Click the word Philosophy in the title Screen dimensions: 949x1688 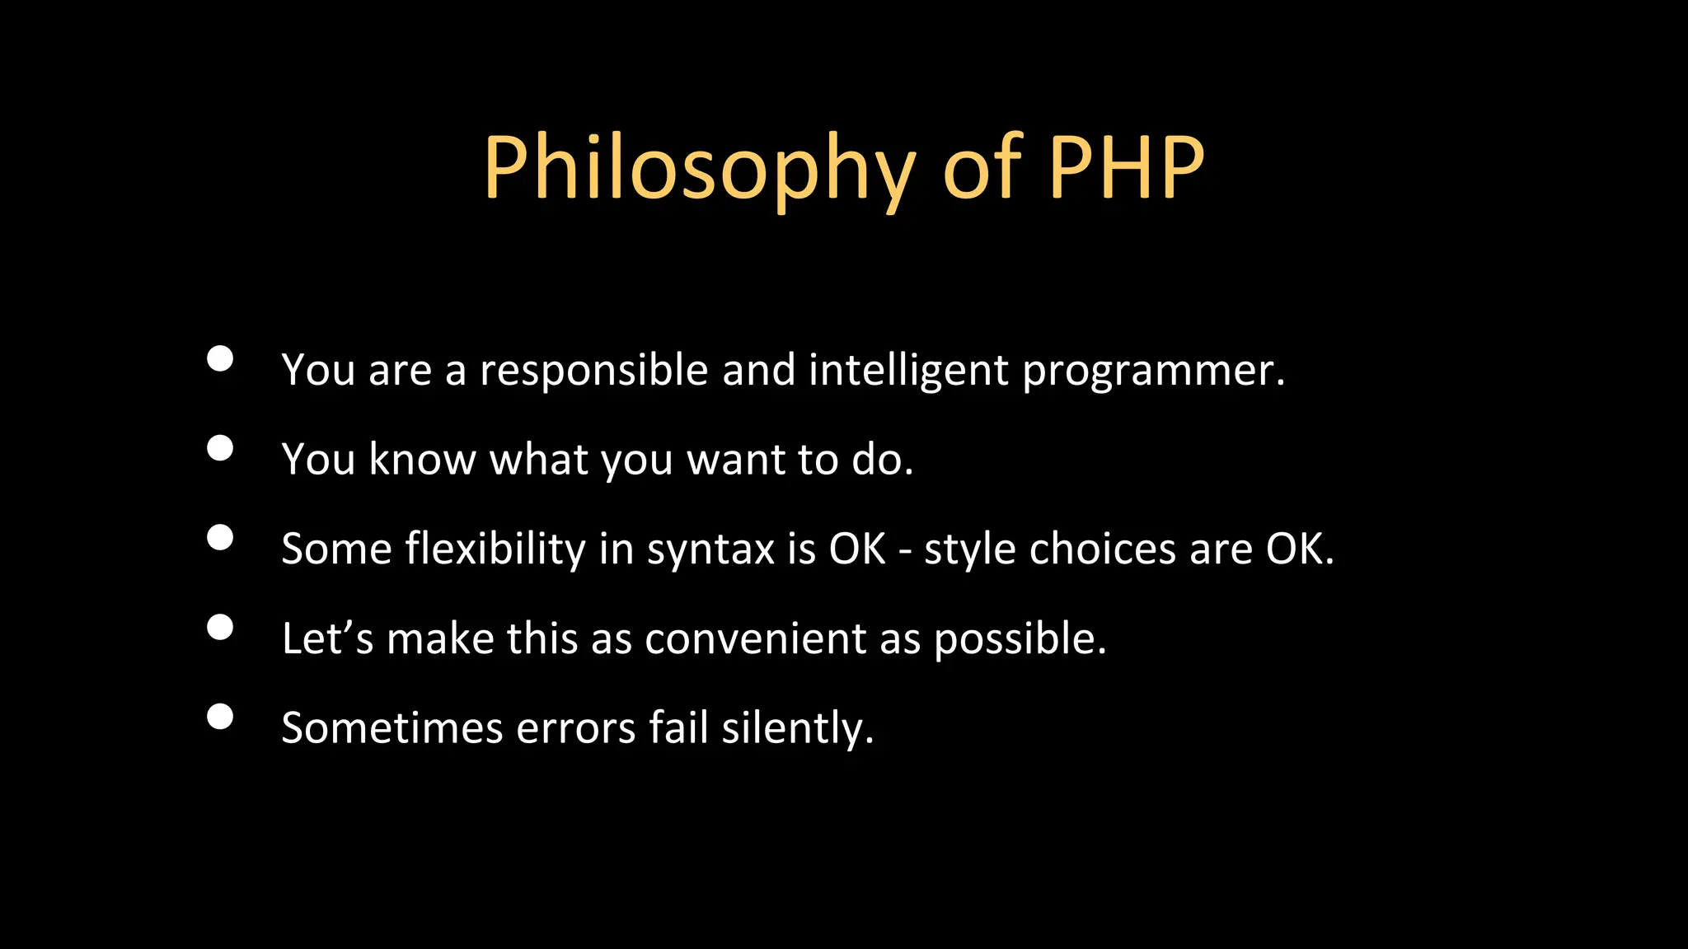point(699,169)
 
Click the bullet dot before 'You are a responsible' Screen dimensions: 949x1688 point(220,359)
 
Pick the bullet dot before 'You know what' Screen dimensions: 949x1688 point(220,448)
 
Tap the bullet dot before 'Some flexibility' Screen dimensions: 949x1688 point(220,538)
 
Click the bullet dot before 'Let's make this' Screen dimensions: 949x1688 point(220,628)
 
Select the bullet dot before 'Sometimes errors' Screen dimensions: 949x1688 point(220,717)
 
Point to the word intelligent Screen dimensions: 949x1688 point(907,371)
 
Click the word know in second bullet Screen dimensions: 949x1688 point(422,459)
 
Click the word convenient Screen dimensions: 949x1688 point(755,639)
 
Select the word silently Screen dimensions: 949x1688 point(796,729)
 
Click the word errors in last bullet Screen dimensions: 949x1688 point(575,729)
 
